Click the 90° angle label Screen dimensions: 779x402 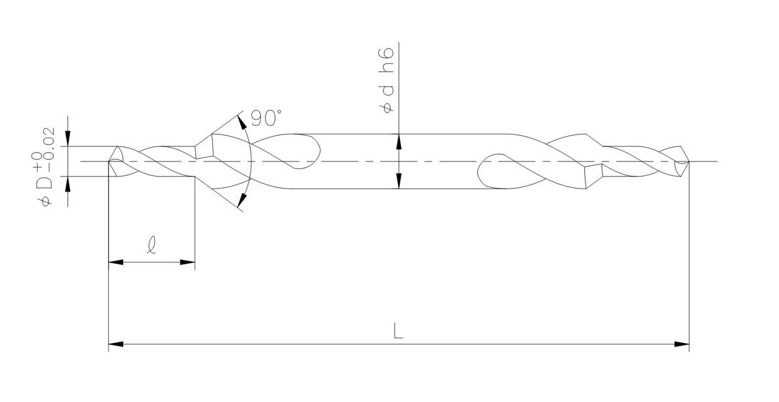[266, 118]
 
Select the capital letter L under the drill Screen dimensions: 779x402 [398, 331]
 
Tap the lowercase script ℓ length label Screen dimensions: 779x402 [151, 244]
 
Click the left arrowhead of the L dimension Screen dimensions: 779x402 [116, 344]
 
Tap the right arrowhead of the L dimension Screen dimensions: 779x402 [682, 344]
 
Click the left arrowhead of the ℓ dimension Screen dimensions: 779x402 [116, 262]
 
